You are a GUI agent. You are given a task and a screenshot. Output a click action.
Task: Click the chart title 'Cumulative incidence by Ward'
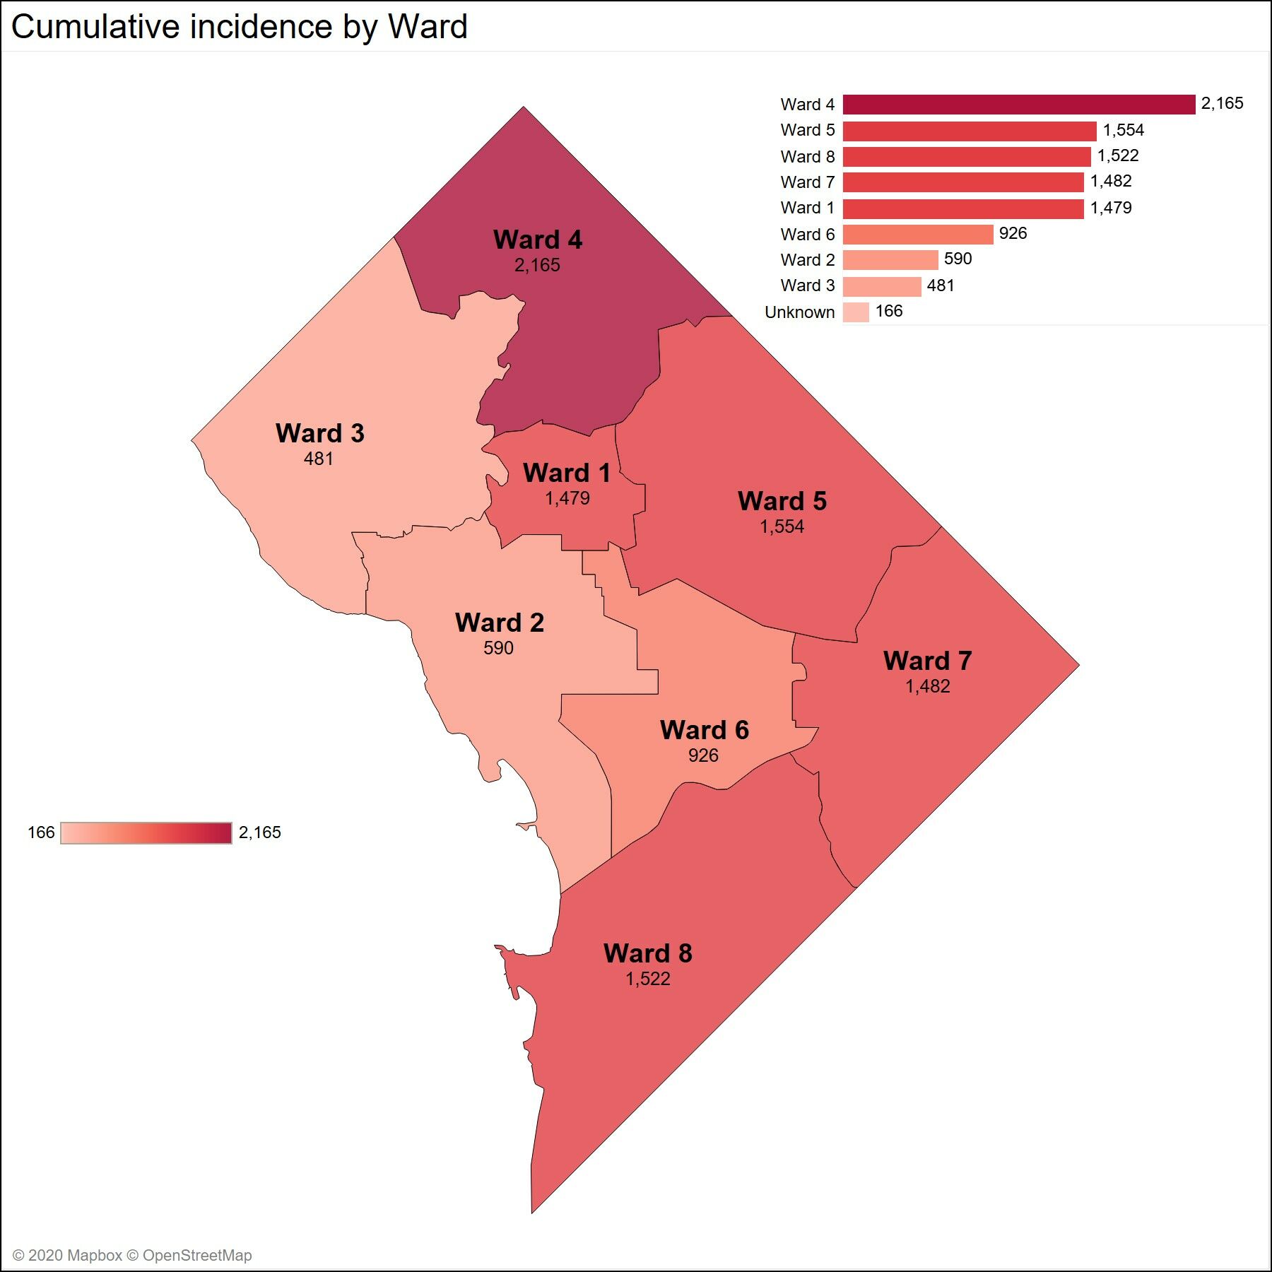tap(239, 27)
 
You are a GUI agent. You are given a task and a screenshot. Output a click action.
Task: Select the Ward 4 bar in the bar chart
tap(1018, 105)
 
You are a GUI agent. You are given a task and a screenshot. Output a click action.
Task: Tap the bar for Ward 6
tap(917, 234)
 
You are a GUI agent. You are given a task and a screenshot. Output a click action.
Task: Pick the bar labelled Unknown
tap(855, 312)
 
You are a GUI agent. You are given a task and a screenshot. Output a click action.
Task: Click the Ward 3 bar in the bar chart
tap(881, 285)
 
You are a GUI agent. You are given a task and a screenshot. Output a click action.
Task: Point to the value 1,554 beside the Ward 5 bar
tap(1123, 130)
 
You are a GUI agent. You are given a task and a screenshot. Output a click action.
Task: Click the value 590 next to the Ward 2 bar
tap(958, 259)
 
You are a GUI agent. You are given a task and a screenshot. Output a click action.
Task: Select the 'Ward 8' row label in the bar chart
tap(807, 156)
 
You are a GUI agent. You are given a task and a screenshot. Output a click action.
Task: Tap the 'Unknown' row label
tap(799, 312)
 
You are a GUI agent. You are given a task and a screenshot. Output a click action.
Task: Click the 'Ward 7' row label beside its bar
tap(807, 182)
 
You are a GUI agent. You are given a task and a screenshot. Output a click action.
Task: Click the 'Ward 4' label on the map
tap(538, 240)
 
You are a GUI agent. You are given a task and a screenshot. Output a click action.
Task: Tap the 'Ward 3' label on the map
tap(319, 433)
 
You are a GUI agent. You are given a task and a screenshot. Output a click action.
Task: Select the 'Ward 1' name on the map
tap(566, 473)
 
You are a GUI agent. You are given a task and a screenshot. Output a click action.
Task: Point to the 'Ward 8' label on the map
tap(647, 953)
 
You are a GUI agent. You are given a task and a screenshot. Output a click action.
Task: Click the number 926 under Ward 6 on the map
tap(703, 755)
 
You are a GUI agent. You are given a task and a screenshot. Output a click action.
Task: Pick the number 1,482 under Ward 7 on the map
tap(927, 686)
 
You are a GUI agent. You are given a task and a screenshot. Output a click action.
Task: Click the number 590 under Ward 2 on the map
tap(498, 648)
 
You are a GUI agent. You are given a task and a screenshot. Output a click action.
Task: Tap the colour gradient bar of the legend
tap(146, 832)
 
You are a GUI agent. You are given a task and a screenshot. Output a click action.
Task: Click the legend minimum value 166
tap(41, 832)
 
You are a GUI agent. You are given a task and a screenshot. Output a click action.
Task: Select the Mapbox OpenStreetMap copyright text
tap(132, 1255)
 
